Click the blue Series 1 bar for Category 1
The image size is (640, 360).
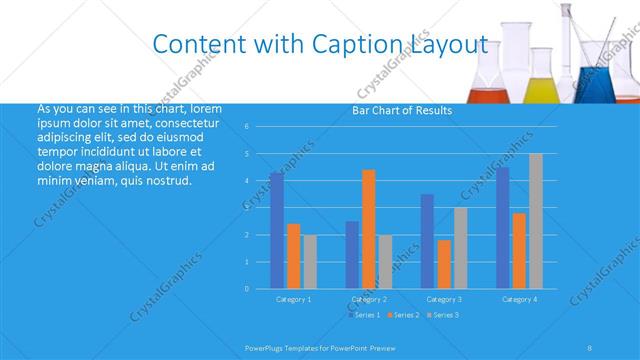(x=276, y=230)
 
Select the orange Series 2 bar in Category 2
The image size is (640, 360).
(x=368, y=229)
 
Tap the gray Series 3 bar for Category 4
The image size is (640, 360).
(x=536, y=221)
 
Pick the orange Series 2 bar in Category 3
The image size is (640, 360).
(x=444, y=264)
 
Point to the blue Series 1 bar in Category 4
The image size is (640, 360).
(x=503, y=228)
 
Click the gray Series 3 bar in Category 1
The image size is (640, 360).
(x=310, y=261)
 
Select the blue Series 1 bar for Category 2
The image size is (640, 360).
(x=352, y=254)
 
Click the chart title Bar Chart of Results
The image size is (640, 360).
(x=402, y=110)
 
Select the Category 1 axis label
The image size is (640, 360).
(x=293, y=299)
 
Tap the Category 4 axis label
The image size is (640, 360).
(x=519, y=299)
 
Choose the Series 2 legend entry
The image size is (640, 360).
(x=404, y=315)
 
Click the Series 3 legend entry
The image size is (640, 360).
(x=444, y=315)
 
